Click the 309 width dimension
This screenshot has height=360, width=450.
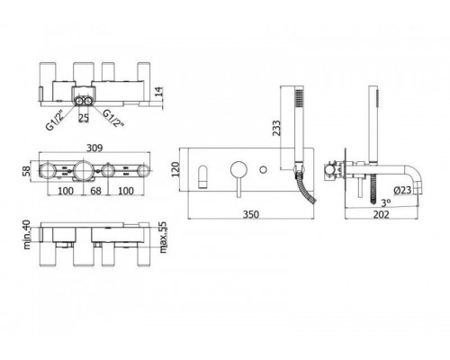(94, 148)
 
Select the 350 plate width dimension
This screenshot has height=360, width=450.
(251, 214)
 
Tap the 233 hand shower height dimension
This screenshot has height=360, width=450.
(276, 128)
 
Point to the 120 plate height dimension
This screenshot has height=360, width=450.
(175, 169)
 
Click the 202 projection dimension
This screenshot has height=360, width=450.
(381, 214)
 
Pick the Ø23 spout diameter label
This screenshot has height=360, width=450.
(402, 190)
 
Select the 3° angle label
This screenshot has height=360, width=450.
(386, 203)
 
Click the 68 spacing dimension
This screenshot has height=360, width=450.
(95, 191)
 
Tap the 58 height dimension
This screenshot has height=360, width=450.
(27, 171)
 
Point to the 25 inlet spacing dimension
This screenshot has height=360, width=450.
(84, 118)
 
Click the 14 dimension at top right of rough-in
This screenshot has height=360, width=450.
(158, 92)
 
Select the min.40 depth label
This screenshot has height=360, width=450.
(27, 235)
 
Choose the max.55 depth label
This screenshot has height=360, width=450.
(163, 238)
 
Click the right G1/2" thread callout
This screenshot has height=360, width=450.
(113, 118)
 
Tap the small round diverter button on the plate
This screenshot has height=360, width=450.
(263, 169)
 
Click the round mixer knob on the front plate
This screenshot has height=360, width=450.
(238, 169)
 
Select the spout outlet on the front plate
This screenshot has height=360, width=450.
(202, 176)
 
